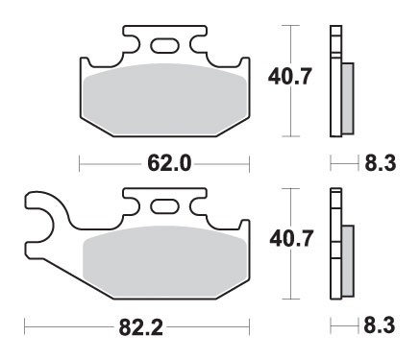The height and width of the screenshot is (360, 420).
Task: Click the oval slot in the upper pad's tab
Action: (x=162, y=44)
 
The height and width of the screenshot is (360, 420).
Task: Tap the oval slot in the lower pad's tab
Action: (x=162, y=206)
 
